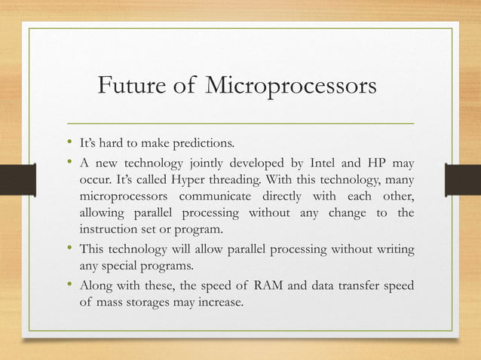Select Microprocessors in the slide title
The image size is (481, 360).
coord(289,87)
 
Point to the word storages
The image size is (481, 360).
coord(172,304)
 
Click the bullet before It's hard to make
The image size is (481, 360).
coord(69,142)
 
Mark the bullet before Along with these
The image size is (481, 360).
coord(69,286)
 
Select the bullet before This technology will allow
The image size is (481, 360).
coord(69,249)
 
